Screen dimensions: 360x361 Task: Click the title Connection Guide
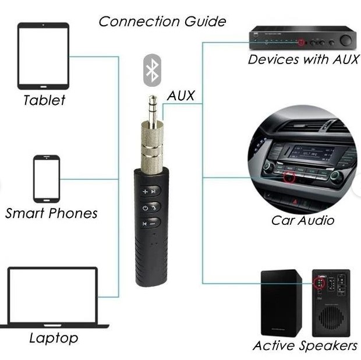pyautogui.click(x=162, y=22)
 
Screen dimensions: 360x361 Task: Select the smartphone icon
pyautogui.click(x=47, y=178)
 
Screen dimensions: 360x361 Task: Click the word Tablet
pyautogui.click(x=44, y=100)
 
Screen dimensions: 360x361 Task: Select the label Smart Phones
pyautogui.click(x=51, y=213)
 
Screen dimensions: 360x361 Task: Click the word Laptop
pyautogui.click(x=53, y=338)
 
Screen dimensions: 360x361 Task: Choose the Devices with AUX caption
pyautogui.click(x=303, y=59)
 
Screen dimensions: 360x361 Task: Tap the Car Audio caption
pyautogui.click(x=302, y=221)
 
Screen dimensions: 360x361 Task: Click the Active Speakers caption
pyautogui.click(x=305, y=346)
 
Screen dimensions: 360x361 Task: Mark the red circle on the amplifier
pyautogui.click(x=301, y=42)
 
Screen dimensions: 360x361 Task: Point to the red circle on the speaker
pyautogui.click(x=318, y=283)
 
